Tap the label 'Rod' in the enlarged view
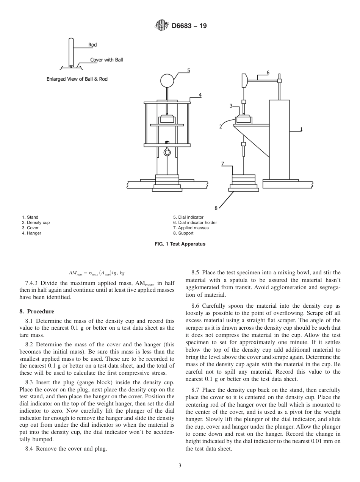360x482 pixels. coord(92,45)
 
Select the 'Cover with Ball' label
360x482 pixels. coord(106,60)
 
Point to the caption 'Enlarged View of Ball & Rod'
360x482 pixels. coord(80,79)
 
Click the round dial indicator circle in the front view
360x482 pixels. coord(167,80)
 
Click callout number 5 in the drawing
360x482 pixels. coord(188,70)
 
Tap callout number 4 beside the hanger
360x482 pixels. coord(200,95)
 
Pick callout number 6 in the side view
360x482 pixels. coord(268,72)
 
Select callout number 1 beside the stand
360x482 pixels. coord(301,129)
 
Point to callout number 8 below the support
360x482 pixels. coord(216,208)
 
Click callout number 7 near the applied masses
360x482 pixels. coord(223,164)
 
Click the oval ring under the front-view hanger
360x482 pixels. coord(167,152)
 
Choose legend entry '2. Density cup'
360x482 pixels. coord(36,223)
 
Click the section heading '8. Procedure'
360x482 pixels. coord(37,311)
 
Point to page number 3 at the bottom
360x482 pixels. coord(180,466)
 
